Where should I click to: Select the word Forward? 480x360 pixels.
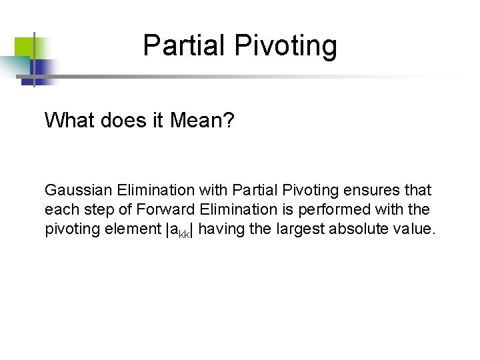pyautogui.click(x=161, y=210)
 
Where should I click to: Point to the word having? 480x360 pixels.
pyautogui.click(x=221, y=230)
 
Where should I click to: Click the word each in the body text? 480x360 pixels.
pyautogui.click(x=57, y=210)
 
